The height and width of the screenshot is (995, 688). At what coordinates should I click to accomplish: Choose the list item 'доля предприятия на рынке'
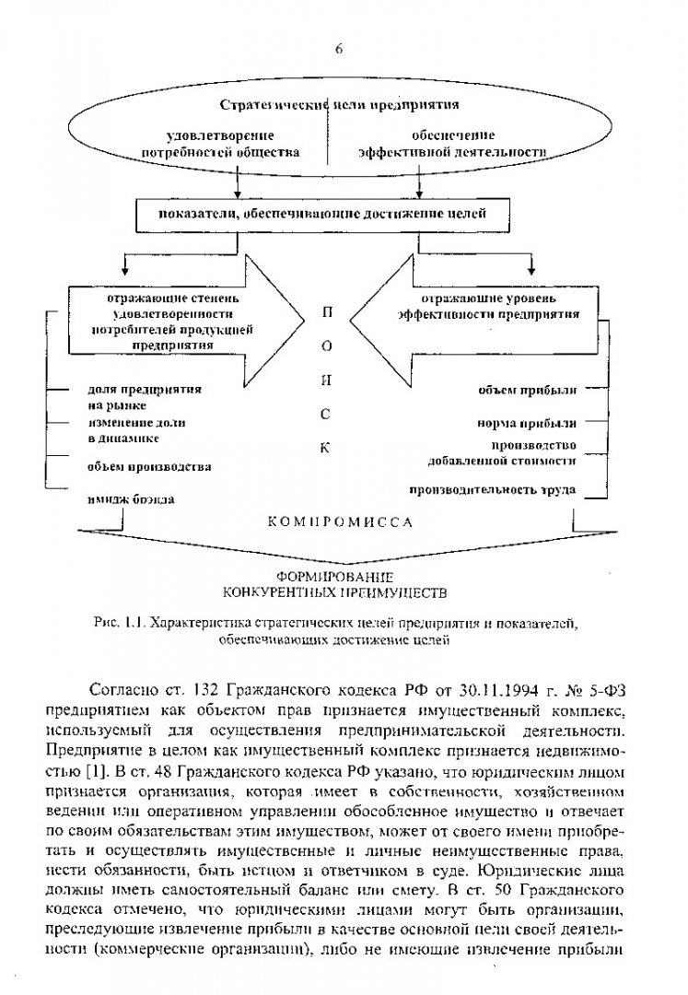(131, 396)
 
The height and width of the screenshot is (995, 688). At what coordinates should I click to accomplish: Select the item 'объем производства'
(149, 466)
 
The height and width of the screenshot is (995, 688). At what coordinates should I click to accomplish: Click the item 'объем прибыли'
(527, 390)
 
